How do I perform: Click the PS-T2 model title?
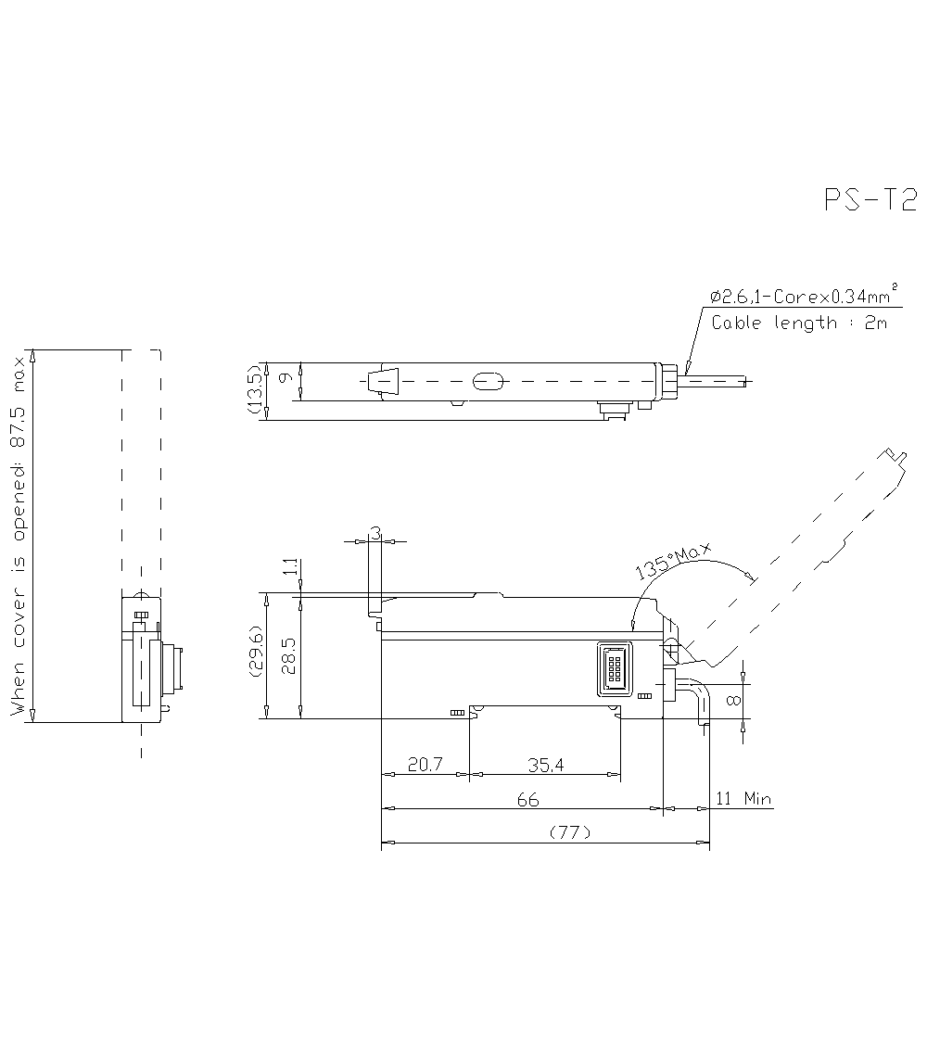point(870,201)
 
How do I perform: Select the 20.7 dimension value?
point(425,765)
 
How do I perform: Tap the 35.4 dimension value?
point(546,765)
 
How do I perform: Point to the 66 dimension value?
point(527,800)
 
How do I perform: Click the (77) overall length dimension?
point(570,832)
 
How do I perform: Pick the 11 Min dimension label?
point(744,799)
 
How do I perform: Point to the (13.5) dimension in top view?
point(254,390)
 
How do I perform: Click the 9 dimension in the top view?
point(286,379)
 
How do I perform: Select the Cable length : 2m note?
point(799,323)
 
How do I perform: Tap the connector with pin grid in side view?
point(613,667)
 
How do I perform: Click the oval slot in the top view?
point(489,381)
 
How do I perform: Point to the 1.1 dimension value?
point(290,566)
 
